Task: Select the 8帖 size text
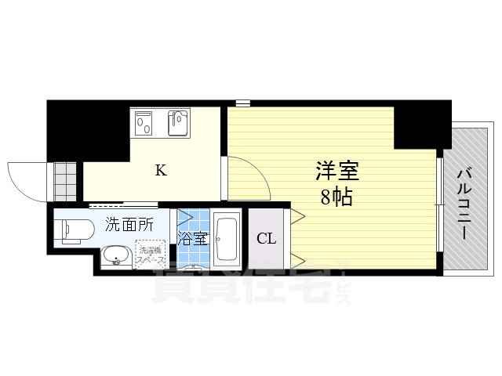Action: tap(335, 196)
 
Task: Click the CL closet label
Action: tap(267, 239)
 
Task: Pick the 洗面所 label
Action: tap(130, 226)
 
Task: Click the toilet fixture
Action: tap(72, 228)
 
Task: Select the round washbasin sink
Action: tap(117, 255)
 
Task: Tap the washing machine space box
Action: tap(150, 254)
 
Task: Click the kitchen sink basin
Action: tap(180, 123)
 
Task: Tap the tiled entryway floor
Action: tap(65, 182)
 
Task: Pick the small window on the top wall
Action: tap(242, 103)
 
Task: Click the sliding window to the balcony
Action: tap(441, 205)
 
